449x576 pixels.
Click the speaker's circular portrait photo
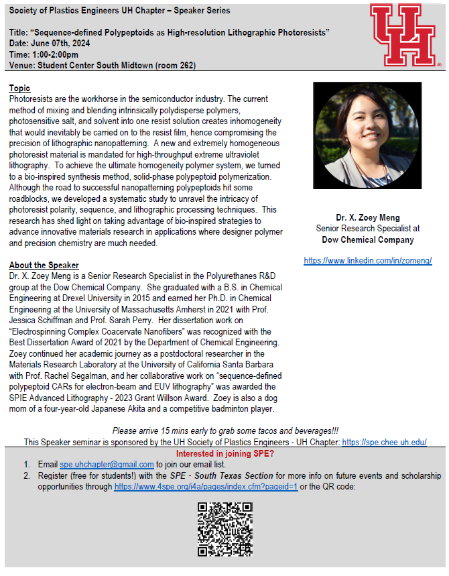[x=367, y=138]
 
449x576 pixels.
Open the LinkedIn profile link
[x=367, y=260]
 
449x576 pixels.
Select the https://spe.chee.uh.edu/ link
[x=384, y=443]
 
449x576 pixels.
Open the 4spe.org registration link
[x=206, y=485]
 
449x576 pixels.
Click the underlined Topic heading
[x=19, y=89]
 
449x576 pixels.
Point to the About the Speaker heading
[x=44, y=266]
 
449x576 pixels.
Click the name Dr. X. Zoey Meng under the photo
[x=367, y=217]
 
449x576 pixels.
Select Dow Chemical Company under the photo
[x=367, y=239]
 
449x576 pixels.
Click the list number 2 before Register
[x=27, y=475]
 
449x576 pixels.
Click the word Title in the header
[x=19, y=32]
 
